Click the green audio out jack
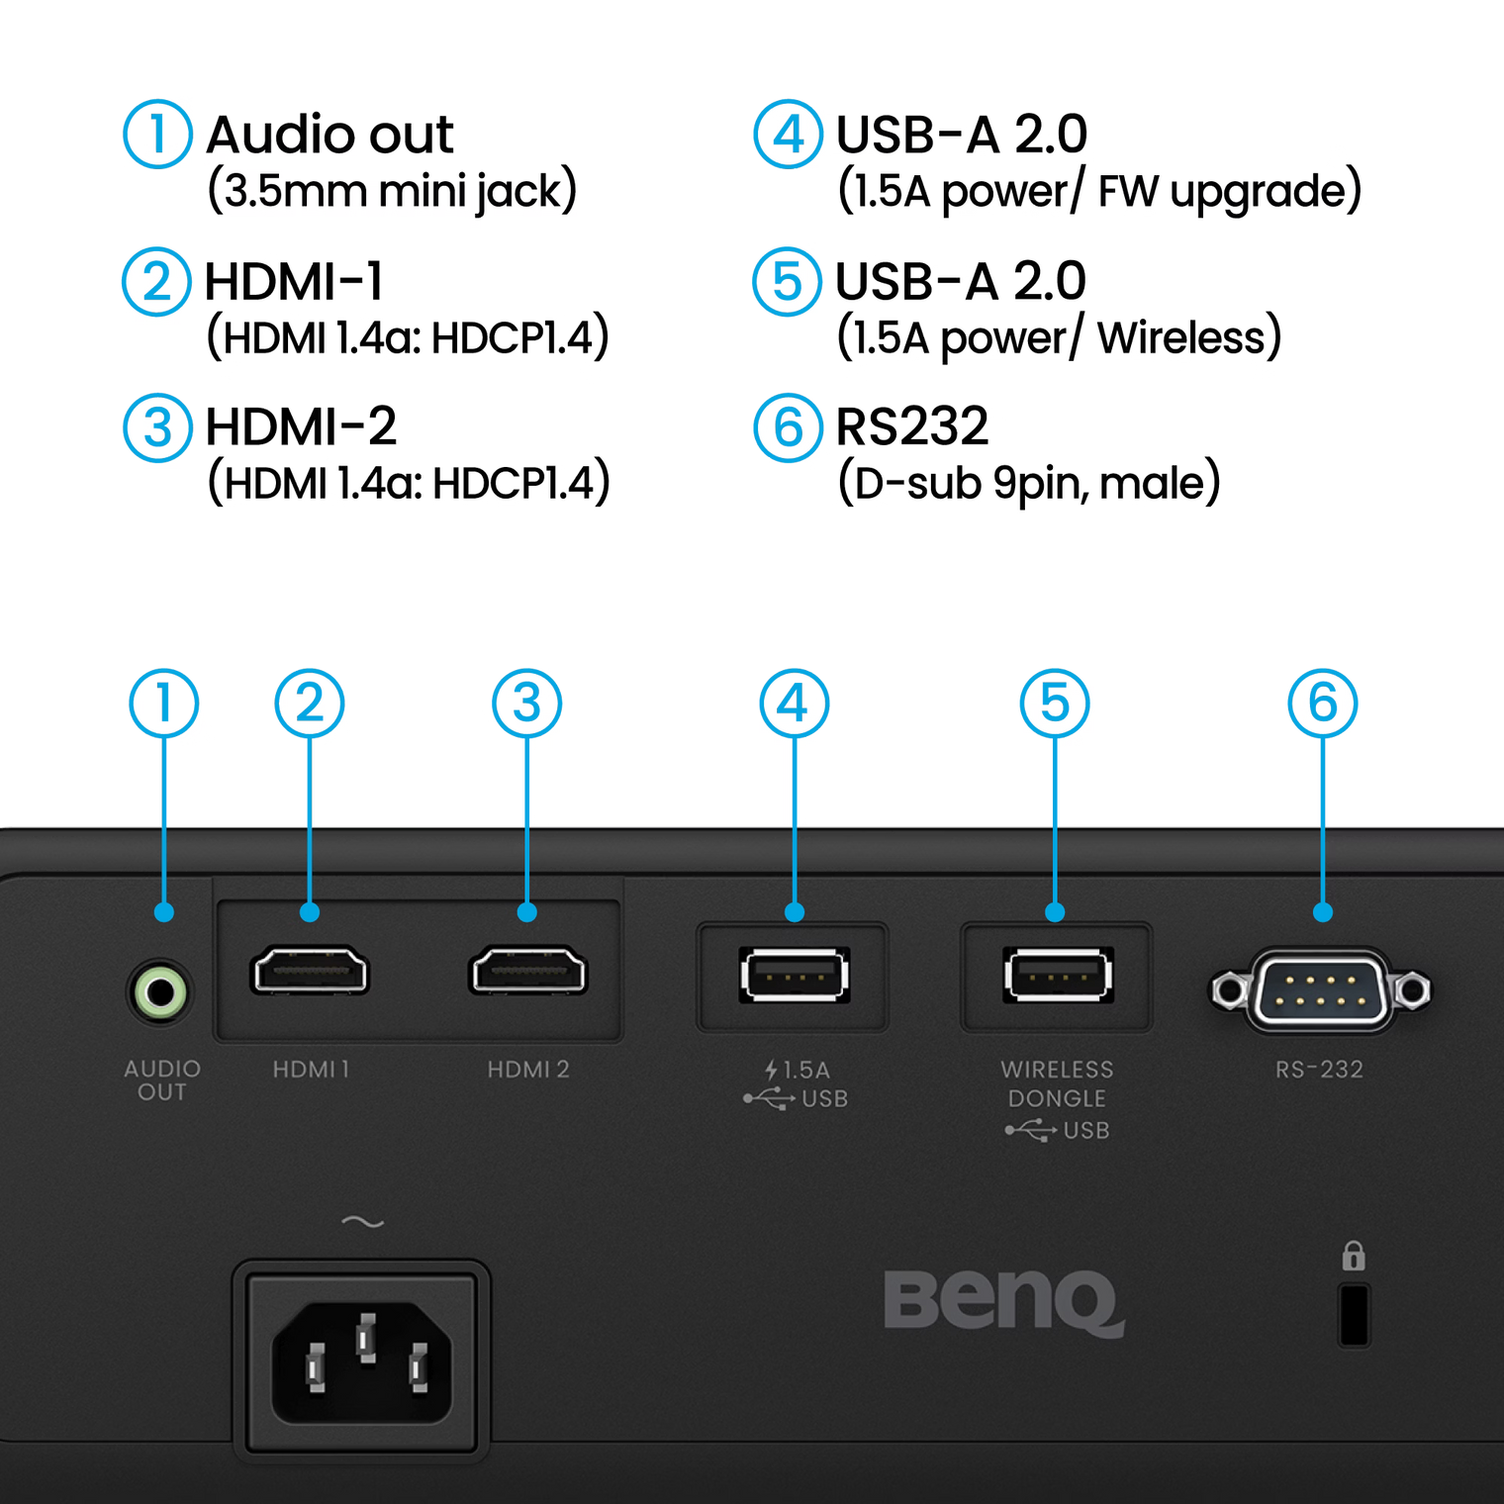(x=161, y=991)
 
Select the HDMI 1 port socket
(x=310, y=971)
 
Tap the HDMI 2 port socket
(x=527, y=971)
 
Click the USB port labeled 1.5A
(x=794, y=976)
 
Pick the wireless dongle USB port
(x=1057, y=976)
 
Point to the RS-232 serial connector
(x=1320, y=989)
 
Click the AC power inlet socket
(x=362, y=1362)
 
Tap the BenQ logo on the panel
(x=1003, y=1300)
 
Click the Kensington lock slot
(x=1354, y=1316)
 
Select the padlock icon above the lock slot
(x=1354, y=1256)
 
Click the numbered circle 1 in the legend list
(x=156, y=134)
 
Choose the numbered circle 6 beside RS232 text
(x=788, y=427)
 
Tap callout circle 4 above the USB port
(x=794, y=703)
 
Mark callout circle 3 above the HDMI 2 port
(x=527, y=703)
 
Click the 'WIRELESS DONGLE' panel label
(x=1057, y=1083)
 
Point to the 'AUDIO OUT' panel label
(x=162, y=1081)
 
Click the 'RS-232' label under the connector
(x=1319, y=1070)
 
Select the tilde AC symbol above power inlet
(x=362, y=1223)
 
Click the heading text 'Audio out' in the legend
(x=332, y=135)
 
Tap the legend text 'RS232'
(x=912, y=425)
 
